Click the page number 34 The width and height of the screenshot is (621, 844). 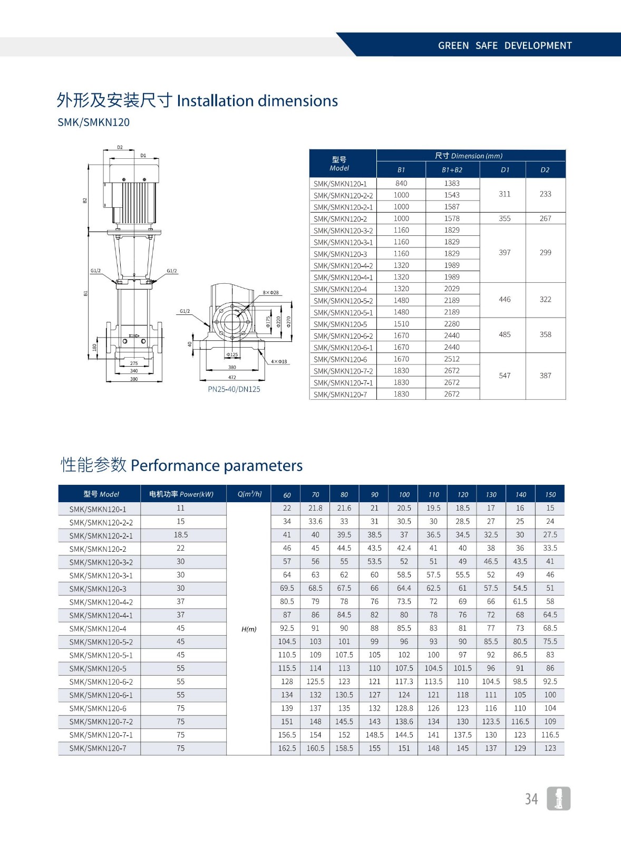click(531, 799)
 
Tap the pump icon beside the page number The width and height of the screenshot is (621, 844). click(559, 799)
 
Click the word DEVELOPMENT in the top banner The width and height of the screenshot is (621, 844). click(538, 45)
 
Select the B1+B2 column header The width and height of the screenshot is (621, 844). click(452, 170)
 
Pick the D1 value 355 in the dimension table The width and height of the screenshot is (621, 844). click(504, 218)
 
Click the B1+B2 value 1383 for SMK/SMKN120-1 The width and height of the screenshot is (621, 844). click(452, 184)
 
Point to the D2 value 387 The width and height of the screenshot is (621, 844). click(545, 376)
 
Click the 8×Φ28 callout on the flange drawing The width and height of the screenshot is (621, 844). click(271, 292)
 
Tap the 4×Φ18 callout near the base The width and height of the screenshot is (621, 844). click(279, 362)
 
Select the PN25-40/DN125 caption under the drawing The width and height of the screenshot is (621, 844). click(234, 389)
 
